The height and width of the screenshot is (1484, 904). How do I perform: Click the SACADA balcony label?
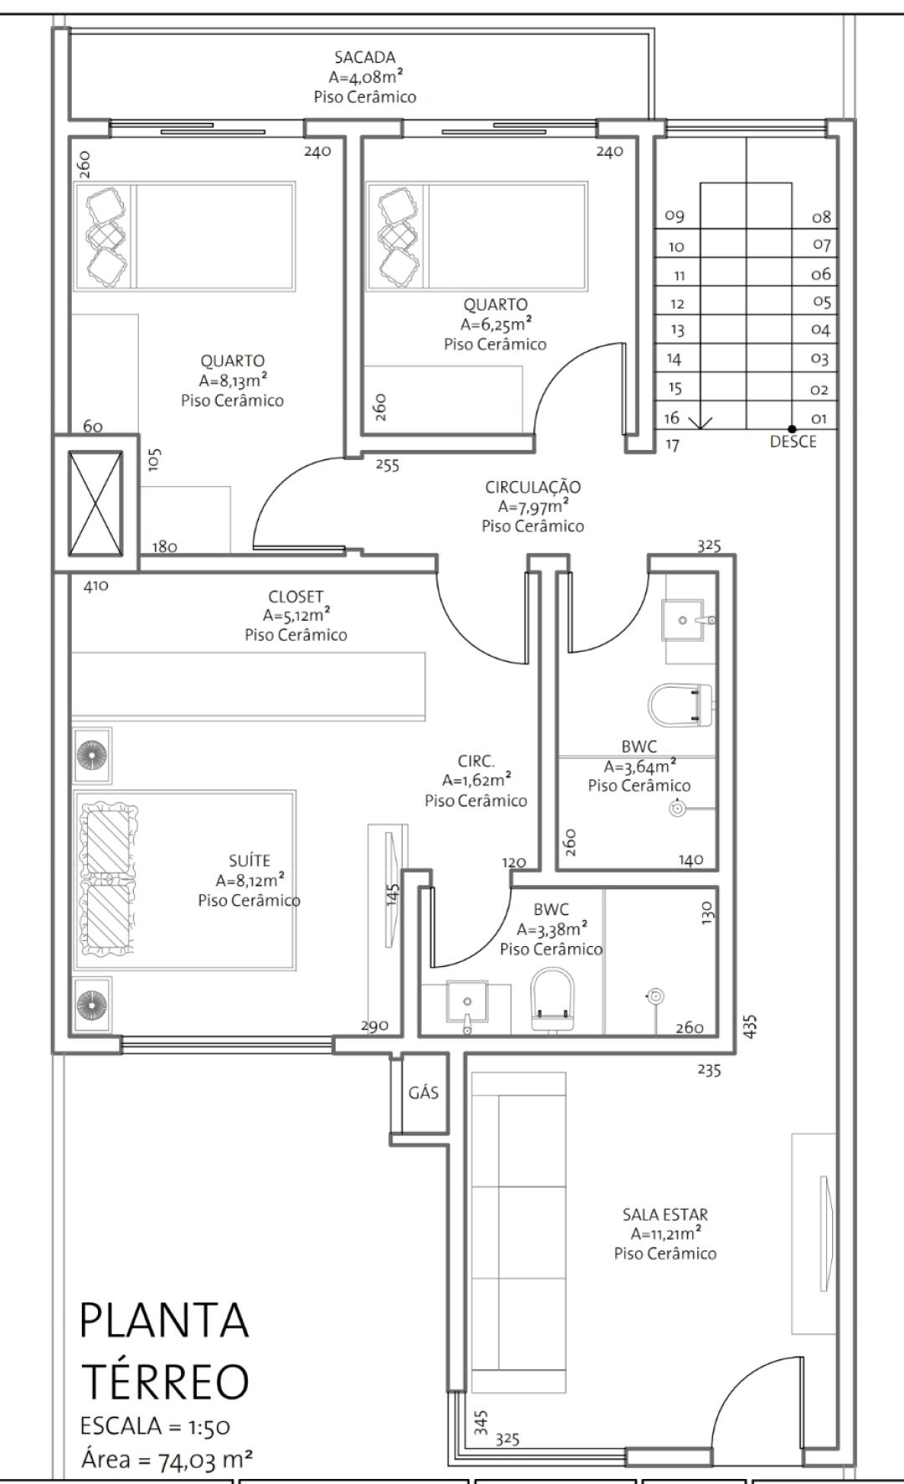coord(364,58)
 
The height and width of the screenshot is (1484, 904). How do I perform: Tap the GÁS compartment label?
coord(424,1093)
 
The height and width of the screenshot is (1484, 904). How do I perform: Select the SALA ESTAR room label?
coord(665,1215)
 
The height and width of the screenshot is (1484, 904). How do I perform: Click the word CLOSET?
coord(295,597)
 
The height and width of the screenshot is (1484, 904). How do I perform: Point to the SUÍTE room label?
coord(249,860)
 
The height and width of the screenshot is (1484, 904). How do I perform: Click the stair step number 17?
coord(672,445)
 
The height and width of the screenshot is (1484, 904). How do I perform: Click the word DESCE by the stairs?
coord(793,442)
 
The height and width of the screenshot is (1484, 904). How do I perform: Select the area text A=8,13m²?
coord(233,381)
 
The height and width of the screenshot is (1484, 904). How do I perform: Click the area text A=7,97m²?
coord(533,506)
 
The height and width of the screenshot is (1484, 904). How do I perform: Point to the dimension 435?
coord(750,1026)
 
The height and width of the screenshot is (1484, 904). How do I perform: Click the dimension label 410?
coord(96,586)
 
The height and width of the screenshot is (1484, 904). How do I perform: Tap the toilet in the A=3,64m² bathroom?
coord(681,704)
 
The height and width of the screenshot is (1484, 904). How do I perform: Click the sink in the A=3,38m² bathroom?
coord(467,1006)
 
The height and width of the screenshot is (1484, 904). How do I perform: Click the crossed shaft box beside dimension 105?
coord(95,504)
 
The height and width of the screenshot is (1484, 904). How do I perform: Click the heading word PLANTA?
coord(164,1321)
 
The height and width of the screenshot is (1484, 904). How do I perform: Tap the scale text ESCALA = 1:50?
coord(155,1426)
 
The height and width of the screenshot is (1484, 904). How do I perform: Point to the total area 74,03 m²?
coord(205,1460)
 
